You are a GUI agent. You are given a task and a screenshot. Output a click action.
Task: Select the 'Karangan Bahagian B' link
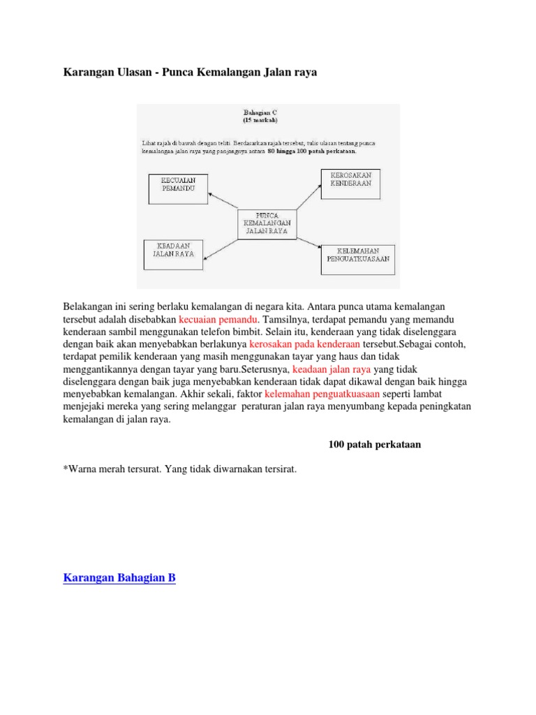point(119,577)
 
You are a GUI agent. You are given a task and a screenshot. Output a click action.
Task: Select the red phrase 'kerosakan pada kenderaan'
point(304,344)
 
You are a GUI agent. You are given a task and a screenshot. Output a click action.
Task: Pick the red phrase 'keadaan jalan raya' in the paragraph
point(332,369)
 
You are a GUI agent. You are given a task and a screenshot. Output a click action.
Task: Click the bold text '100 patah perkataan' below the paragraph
point(374,444)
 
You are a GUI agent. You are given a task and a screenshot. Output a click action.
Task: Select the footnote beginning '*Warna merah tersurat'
point(180,470)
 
